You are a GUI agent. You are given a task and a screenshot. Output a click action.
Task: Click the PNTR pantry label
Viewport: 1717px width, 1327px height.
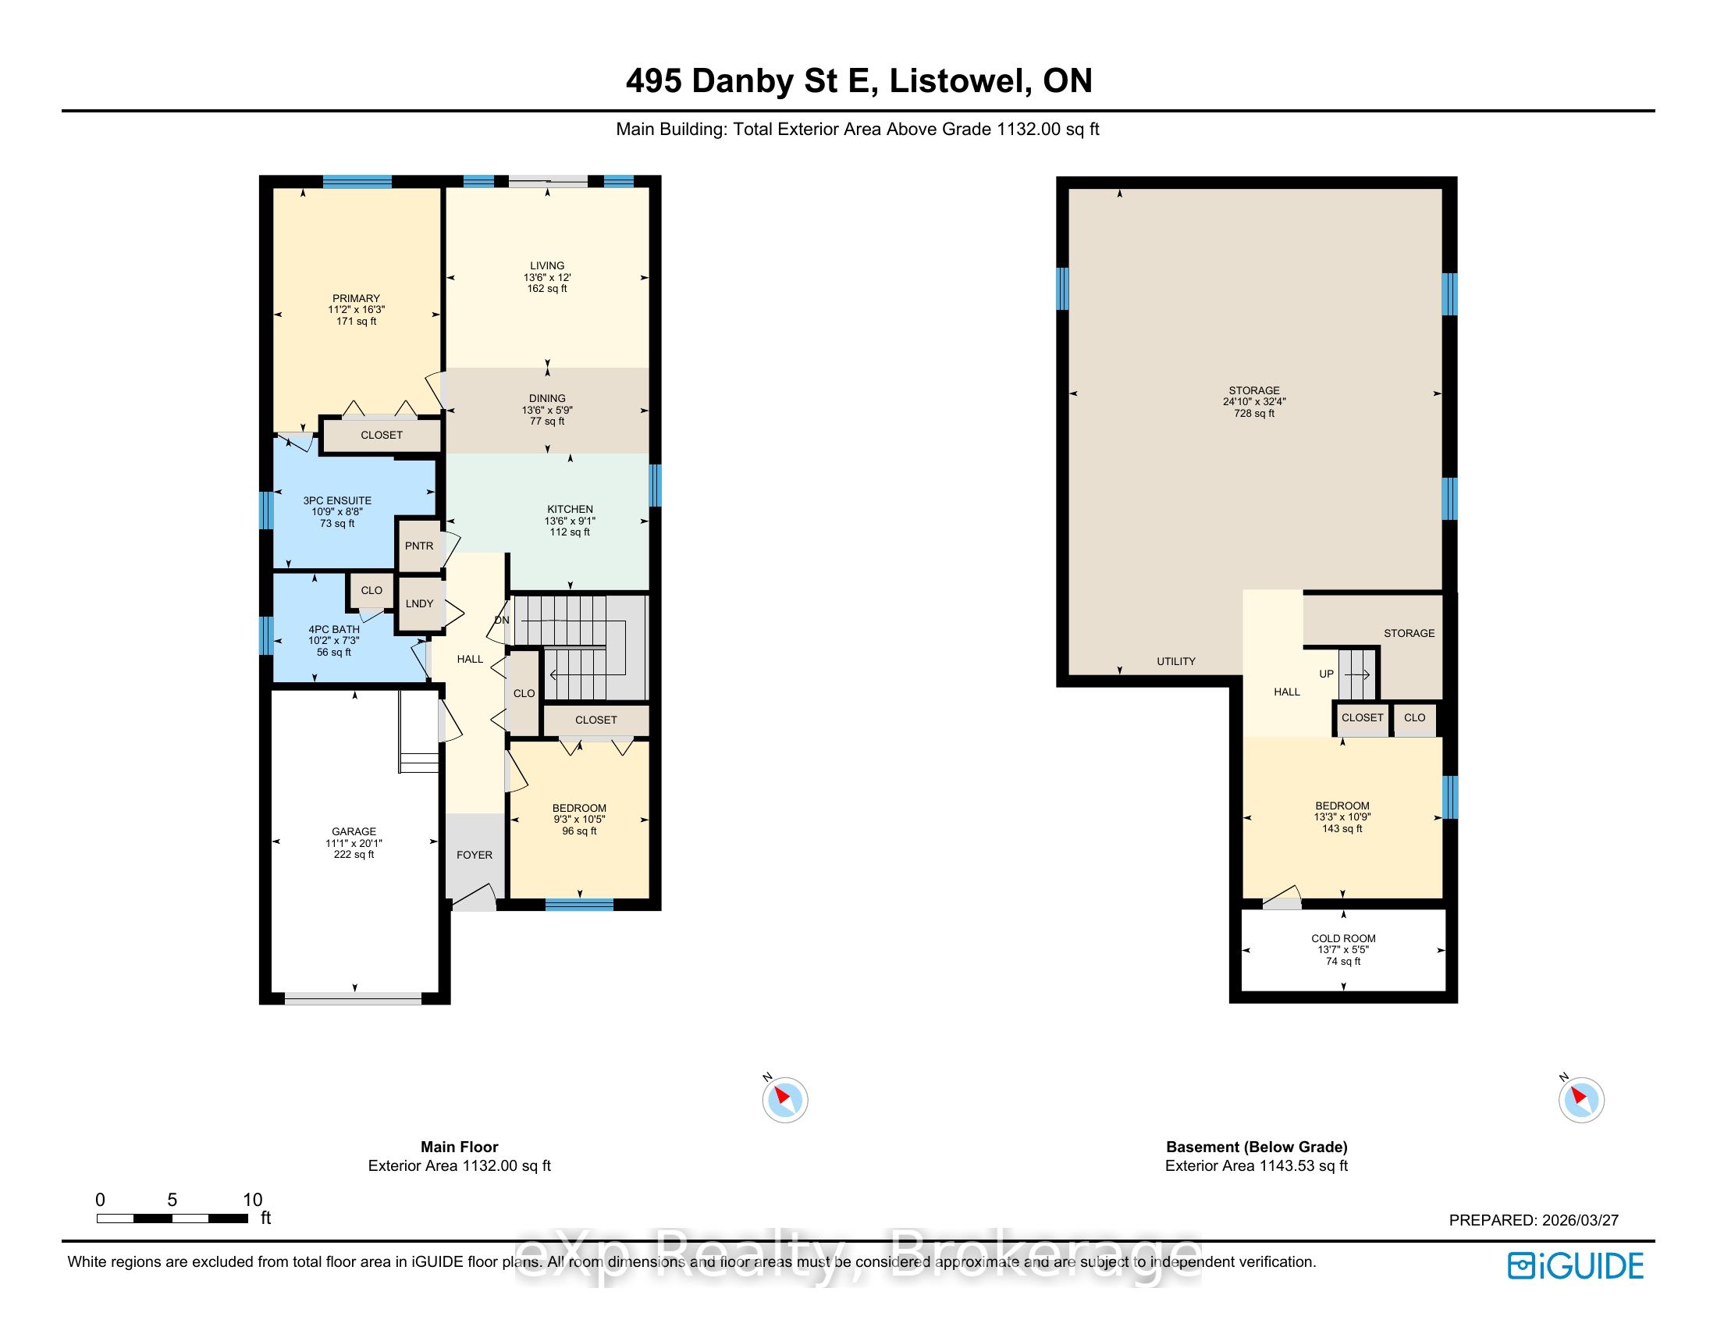tap(419, 546)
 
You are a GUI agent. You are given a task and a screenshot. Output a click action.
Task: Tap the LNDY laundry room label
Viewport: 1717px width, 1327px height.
tap(420, 603)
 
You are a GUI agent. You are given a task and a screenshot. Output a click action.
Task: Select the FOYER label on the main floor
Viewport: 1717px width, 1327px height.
tap(474, 855)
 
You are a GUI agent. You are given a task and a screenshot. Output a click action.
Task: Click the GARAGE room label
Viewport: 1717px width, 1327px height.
tap(354, 831)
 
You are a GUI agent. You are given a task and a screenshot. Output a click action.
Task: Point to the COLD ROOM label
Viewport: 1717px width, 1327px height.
tap(1344, 937)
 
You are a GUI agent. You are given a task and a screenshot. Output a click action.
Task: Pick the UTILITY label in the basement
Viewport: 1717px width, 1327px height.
tap(1176, 661)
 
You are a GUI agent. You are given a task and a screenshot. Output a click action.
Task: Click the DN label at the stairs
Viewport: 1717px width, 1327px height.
tap(502, 621)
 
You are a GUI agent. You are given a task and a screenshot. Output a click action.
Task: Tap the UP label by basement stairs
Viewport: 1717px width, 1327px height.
tap(1326, 674)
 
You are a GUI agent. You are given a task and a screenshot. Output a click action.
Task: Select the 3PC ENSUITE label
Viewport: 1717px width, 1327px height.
tap(337, 500)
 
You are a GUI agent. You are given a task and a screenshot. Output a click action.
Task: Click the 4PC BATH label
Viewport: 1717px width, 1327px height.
tap(334, 629)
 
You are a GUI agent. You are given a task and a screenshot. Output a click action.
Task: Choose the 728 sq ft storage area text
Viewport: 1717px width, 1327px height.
tap(1254, 413)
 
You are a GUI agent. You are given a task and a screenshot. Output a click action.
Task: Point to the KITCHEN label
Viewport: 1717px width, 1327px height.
tap(570, 509)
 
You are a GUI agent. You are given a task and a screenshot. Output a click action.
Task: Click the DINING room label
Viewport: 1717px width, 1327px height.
tap(547, 398)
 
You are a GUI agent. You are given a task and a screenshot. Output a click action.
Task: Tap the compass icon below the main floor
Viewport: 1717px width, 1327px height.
tap(784, 1098)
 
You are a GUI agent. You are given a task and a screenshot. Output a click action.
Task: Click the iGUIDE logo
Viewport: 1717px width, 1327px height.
tap(1576, 1265)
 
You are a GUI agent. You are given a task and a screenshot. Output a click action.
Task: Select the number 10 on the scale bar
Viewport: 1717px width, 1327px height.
tap(252, 1200)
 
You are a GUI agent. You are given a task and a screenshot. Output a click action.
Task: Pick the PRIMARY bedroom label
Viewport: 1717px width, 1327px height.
tap(356, 298)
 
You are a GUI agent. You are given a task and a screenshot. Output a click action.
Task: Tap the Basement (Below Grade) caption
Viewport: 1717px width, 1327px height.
tap(1257, 1147)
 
